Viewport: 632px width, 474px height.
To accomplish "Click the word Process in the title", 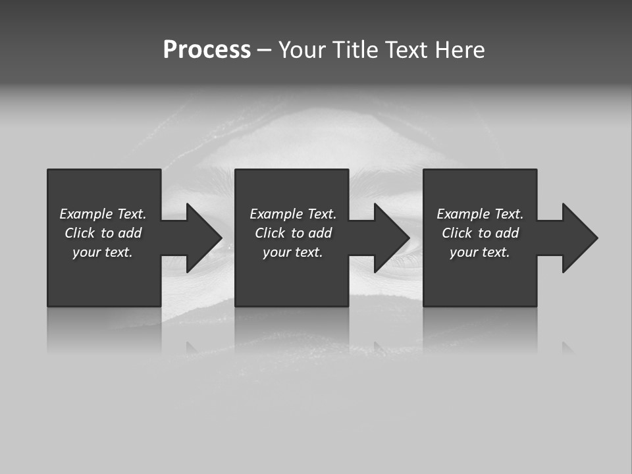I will [x=207, y=50].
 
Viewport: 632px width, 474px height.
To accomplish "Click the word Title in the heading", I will [x=354, y=50].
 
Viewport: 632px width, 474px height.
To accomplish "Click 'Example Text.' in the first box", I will [x=103, y=214].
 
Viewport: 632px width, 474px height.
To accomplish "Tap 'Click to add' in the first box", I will [x=103, y=233].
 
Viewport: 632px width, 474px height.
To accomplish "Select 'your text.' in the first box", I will [x=103, y=252].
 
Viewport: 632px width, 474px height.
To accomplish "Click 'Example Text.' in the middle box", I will [x=293, y=214].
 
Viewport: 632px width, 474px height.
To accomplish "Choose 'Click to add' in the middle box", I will [x=293, y=233].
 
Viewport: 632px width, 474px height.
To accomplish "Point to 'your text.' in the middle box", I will [x=293, y=252].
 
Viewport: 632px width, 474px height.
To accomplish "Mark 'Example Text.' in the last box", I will [x=480, y=214].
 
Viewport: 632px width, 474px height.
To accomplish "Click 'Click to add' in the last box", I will [x=480, y=233].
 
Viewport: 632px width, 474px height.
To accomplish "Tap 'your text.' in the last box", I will [x=480, y=252].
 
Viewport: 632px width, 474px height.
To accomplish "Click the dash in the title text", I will [x=264, y=51].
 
